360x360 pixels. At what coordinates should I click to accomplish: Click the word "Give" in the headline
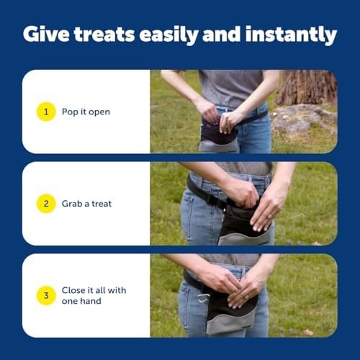click(46, 35)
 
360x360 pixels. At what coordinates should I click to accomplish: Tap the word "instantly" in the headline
click(291, 35)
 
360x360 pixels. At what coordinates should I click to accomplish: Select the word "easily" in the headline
click(168, 35)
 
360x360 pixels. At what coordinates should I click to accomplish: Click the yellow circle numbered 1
click(46, 112)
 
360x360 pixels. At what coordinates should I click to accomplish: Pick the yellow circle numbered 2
click(46, 204)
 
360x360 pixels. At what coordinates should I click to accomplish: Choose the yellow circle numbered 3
click(46, 295)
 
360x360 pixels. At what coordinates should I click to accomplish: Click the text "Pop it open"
click(86, 112)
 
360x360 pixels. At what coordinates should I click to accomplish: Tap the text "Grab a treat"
click(86, 204)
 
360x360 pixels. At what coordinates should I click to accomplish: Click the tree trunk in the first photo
click(307, 87)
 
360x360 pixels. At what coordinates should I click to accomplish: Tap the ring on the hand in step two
click(270, 217)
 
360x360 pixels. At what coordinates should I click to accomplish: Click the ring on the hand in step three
click(246, 297)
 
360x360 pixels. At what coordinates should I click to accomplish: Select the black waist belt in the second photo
click(207, 194)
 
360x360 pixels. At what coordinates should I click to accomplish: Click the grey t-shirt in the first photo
click(231, 88)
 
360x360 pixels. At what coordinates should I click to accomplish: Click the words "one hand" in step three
click(81, 301)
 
